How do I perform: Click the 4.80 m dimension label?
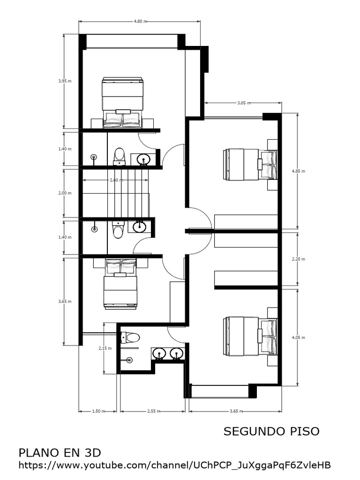tap(140, 21)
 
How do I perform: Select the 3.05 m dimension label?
tap(244, 102)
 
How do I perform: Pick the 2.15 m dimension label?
tap(105, 348)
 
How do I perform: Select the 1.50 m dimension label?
tap(97, 411)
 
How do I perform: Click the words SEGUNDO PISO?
tap(271, 431)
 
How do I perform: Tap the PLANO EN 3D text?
tap(60, 453)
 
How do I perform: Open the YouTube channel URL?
tap(174, 465)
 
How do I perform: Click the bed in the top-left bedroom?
tap(122, 102)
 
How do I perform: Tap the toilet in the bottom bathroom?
tap(131, 337)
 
